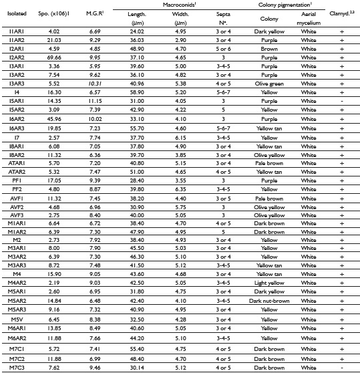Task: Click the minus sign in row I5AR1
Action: click(x=341, y=120)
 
